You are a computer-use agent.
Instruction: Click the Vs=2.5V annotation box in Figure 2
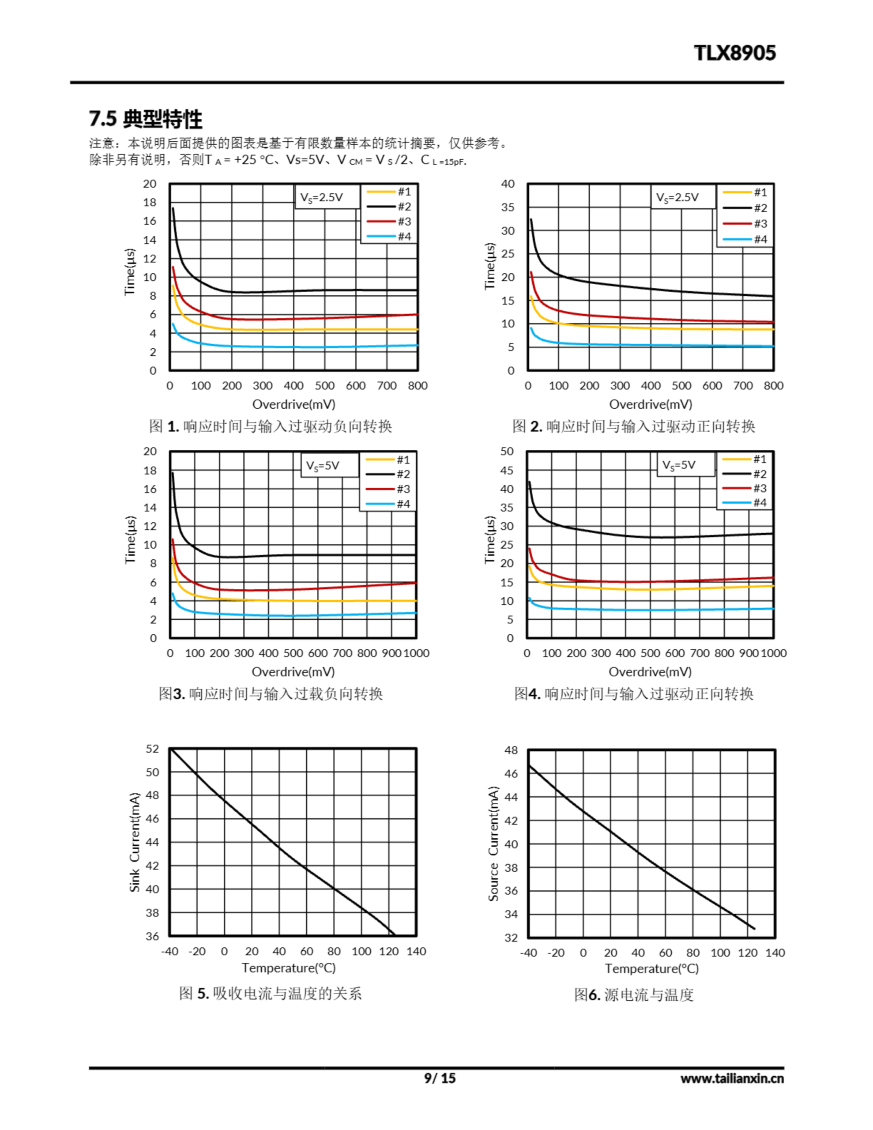677,197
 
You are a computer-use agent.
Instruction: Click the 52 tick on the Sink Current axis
152,749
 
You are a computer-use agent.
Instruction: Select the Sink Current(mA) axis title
135,842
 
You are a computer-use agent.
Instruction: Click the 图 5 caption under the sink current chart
270,994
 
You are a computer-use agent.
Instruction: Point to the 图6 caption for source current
633,994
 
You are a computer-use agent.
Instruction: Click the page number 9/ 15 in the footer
440,1078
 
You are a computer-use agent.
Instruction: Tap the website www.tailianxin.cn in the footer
732,1078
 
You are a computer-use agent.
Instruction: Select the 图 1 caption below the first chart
270,426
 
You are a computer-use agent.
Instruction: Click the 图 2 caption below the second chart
633,426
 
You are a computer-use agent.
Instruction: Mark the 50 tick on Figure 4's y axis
507,451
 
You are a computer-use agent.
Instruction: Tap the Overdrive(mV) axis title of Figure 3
293,671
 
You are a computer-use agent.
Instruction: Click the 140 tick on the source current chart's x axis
775,953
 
